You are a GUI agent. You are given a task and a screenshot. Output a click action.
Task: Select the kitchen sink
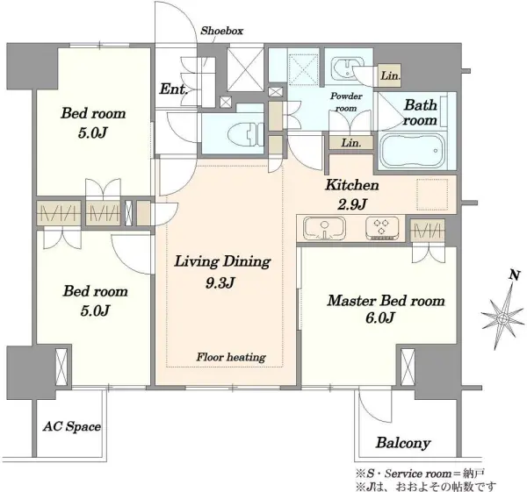(x=324, y=228)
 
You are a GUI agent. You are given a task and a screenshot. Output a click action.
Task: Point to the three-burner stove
(x=382, y=229)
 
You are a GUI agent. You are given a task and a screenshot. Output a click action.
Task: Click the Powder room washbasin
(x=347, y=68)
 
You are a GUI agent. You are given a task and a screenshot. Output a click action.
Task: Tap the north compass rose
(x=503, y=317)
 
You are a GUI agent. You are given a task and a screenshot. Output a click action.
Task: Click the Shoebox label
(x=222, y=31)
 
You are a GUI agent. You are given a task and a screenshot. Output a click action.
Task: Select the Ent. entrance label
(x=173, y=89)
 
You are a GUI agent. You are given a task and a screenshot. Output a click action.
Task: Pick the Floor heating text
(x=231, y=357)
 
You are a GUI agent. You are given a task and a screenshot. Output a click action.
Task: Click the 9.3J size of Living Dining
(x=220, y=283)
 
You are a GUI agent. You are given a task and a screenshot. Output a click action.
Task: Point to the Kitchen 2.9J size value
(x=351, y=204)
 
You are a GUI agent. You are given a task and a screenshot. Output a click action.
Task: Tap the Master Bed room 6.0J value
(x=379, y=317)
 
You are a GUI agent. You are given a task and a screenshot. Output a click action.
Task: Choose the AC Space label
(x=72, y=426)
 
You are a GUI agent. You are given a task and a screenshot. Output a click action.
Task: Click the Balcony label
(x=403, y=443)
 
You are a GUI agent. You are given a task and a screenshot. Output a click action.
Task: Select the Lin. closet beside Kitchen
(x=350, y=143)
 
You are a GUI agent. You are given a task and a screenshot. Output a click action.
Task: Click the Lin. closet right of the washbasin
(x=390, y=75)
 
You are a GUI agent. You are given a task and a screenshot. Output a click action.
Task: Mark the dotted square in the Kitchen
(x=432, y=195)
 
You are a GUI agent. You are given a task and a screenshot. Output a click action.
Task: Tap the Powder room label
(x=346, y=102)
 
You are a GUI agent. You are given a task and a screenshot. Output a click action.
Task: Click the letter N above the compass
(x=514, y=275)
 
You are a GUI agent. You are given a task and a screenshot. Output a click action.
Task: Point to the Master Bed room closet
(x=428, y=231)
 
